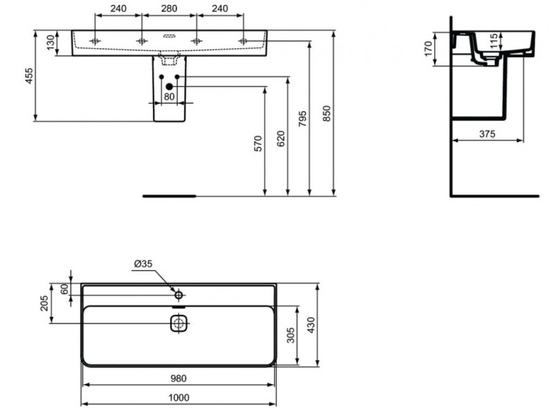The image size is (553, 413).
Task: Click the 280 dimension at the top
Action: pos(168,10)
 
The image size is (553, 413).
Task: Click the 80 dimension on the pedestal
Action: pos(169,97)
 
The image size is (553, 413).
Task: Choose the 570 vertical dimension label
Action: pos(259,143)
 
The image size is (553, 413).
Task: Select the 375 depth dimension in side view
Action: pos(487,135)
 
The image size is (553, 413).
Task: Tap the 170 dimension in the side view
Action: pos(429,49)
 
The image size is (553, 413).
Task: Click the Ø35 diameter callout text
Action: pos(142,264)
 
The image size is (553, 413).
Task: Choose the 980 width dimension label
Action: pos(178,378)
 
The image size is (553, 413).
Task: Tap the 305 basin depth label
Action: pos(291,336)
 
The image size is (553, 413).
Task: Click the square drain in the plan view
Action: pos(179,323)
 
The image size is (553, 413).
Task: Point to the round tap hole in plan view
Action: pos(178,296)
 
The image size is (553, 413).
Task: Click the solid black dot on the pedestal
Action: pos(168,86)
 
